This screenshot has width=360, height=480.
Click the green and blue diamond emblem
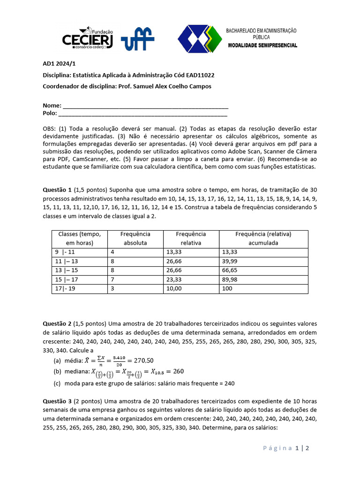pyautogui.click(x=199, y=39)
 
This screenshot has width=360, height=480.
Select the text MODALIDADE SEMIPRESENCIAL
pyautogui.click(x=262, y=45)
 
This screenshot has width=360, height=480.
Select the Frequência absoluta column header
pyautogui.click(x=135, y=238)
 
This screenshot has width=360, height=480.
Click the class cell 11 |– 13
pyautogui.click(x=67, y=261)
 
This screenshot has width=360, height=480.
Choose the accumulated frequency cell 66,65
pyautogui.click(x=229, y=270)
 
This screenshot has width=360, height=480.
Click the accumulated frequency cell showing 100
pyautogui.click(x=227, y=289)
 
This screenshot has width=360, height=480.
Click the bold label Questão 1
pyautogui.click(x=57, y=190)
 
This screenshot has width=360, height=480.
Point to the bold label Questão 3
pyautogui.click(x=57, y=401)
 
